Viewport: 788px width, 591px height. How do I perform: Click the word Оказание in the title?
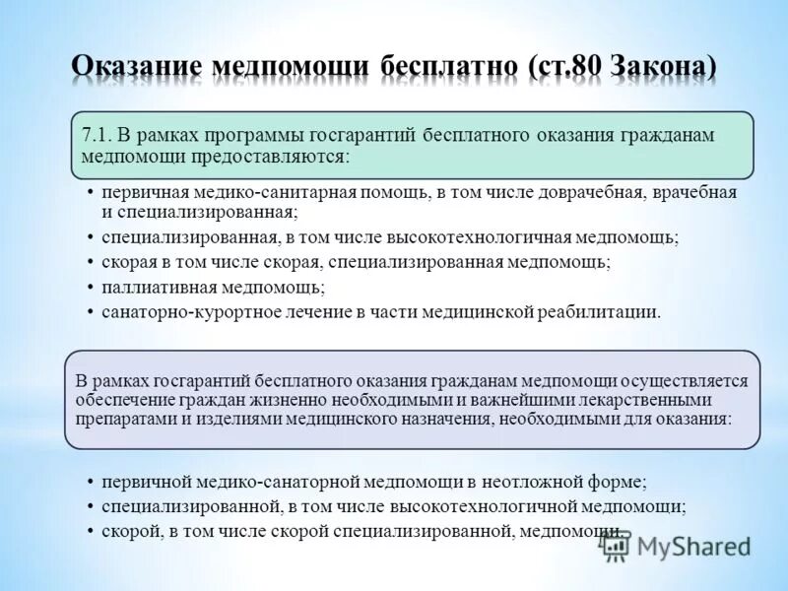click(135, 67)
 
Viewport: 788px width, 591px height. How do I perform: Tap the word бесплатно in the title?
click(444, 67)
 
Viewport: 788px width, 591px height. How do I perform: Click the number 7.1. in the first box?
click(100, 134)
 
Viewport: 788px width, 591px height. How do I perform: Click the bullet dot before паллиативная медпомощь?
click(90, 288)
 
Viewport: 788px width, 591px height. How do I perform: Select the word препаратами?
click(119, 419)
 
